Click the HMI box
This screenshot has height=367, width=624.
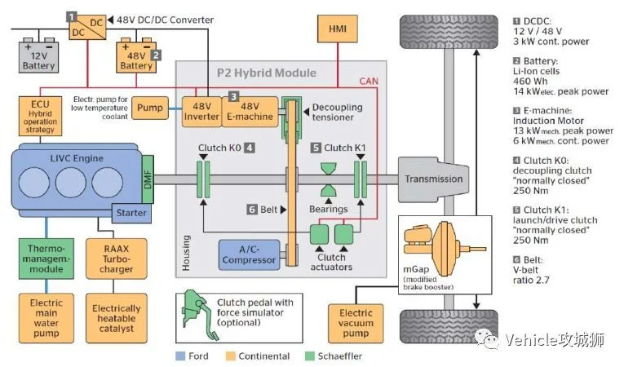(338, 29)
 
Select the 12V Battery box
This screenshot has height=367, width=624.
(38, 57)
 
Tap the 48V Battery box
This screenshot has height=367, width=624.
(136, 57)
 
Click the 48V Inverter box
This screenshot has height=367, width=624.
(201, 112)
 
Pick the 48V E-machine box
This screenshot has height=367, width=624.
(250, 112)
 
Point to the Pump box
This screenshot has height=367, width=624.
(150, 108)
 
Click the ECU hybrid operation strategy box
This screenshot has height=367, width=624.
(40, 116)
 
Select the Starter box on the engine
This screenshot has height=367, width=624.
(131, 213)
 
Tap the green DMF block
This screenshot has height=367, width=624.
(148, 179)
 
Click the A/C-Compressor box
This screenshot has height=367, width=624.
(249, 255)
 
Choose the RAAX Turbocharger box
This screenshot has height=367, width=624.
(116, 259)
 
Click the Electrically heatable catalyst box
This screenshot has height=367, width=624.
(116, 318)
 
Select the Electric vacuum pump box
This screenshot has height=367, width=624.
(356, 323)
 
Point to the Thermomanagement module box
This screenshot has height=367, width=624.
(46, 259)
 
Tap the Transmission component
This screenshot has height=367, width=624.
(434, 179)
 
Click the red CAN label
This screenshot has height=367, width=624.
(369, 82)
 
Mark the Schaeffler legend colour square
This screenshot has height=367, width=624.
(309, 356)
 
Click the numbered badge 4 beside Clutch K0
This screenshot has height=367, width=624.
(250, 148)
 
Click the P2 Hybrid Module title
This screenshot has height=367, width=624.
(267, 73)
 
